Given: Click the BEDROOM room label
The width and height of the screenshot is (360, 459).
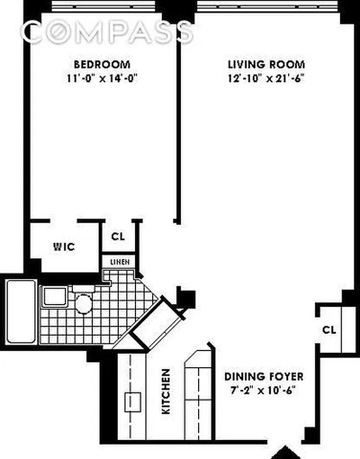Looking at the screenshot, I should (101, 64).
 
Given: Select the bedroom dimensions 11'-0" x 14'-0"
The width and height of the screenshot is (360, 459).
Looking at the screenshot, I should (101, 79).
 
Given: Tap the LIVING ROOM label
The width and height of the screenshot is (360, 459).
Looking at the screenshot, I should (266, 64).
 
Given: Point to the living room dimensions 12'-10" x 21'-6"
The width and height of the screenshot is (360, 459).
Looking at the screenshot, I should (266, 79).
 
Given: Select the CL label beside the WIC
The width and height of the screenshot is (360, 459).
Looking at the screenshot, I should (118, 236).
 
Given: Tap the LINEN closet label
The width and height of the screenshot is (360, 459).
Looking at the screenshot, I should (119, 262).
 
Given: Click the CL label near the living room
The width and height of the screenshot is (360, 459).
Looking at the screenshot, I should (329, 330).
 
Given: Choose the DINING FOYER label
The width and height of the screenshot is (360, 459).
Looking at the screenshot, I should (264, 377).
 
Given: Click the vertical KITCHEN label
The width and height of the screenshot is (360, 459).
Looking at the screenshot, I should (165, 392).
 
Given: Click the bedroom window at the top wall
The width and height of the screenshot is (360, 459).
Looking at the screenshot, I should (102, 5).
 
